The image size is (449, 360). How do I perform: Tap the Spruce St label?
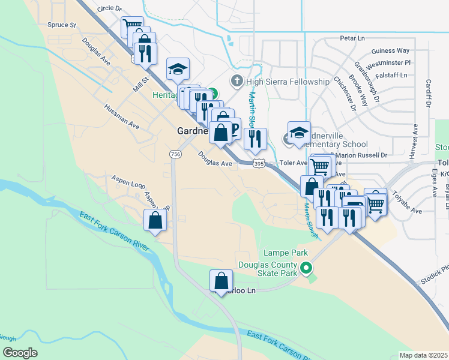pos(65,25)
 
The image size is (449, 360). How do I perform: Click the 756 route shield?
pos(175,154)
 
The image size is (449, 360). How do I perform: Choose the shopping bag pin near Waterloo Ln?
pos(221,281)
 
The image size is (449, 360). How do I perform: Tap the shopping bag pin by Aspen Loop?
pos(155,220)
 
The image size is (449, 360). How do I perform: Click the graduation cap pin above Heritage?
pos(178,70)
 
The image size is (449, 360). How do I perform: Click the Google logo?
pos(20,353)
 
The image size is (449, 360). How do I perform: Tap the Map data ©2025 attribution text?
pos(423,355)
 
